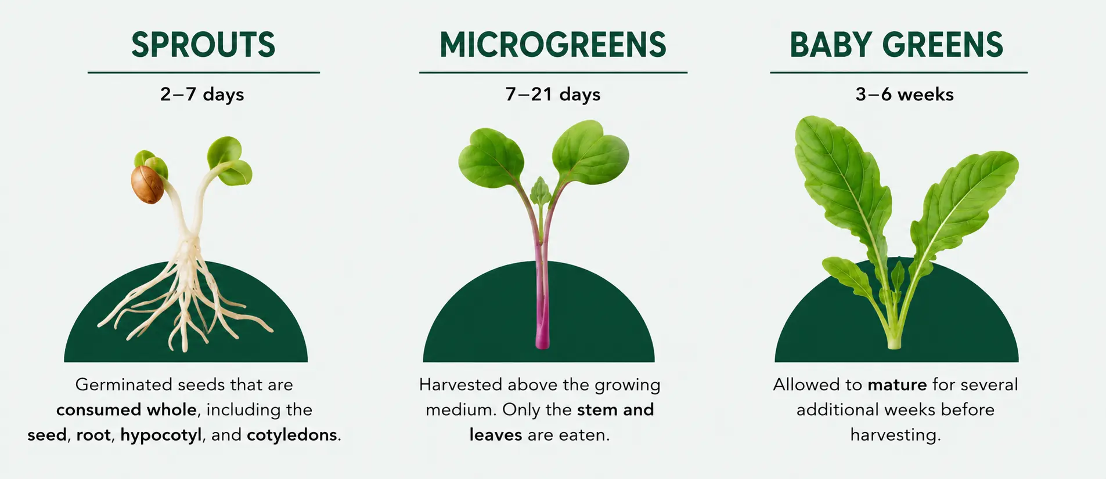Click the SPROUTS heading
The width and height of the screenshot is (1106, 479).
coord(203,45)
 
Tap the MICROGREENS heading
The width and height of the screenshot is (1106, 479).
coord(553,45)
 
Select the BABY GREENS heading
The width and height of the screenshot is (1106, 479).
coord(896,45)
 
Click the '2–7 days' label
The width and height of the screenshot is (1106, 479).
coord(202,95)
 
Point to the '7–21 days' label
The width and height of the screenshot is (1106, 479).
coord(553,95)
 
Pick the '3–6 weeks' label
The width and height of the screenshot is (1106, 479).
coord(905,94)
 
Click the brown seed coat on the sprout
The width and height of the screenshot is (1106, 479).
coord(147,184)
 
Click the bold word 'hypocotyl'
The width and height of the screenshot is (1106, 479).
coord(161,435)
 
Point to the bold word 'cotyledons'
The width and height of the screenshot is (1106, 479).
coord(292,435)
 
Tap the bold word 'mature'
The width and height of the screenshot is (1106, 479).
coord(897,385)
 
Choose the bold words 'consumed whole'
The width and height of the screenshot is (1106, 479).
coord(127,410)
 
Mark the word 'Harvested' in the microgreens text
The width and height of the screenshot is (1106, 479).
coord(460,384)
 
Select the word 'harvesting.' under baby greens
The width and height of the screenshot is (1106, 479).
coord(895,435)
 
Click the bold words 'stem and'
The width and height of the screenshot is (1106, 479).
coord(615,410)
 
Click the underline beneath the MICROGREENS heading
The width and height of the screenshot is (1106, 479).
coord(553,72)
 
